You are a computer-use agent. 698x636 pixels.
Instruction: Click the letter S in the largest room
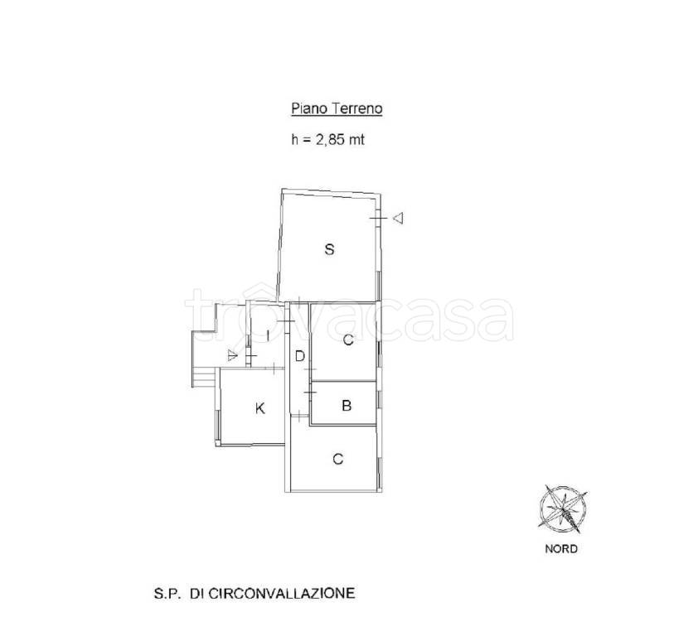(329, 249)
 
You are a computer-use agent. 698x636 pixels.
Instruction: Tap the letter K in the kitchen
(260, 407)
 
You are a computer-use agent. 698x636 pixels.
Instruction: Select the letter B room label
(347, 406)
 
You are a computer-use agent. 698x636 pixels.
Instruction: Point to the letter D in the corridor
(300, 356)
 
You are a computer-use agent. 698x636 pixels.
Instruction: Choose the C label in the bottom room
(337, 460)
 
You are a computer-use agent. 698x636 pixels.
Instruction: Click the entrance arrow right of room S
(398, 219)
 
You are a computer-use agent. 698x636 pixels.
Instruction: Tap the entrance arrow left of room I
(232, 356)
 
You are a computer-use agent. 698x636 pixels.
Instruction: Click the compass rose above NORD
(564, 507)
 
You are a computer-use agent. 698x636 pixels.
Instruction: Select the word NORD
(561, 548)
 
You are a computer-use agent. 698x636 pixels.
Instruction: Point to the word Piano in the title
(308, 108)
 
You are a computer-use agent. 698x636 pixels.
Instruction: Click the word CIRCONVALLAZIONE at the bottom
(282, 593)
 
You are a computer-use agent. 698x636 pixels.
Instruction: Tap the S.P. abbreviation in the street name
(168, 593)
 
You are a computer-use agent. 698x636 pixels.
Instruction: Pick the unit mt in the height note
(356, 140)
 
